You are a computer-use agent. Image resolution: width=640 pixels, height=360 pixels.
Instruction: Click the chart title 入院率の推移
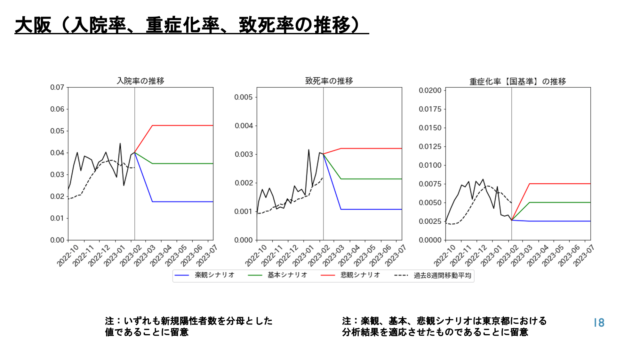click(x=140, y=81)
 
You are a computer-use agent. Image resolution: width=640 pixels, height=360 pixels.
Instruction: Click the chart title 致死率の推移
click(x=329, y=81)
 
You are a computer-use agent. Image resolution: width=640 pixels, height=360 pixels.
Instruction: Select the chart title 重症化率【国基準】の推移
click(x=517, y=82)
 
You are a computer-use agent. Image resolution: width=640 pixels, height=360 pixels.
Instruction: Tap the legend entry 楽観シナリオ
click(x=214, y=275)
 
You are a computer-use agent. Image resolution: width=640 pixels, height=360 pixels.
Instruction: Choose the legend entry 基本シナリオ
click(x=287, y=275)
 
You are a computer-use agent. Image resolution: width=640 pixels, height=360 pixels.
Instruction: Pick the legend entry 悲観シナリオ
click(x=360, y=275)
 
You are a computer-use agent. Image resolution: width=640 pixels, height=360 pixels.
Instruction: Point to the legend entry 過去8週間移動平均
click(x=442, y=276)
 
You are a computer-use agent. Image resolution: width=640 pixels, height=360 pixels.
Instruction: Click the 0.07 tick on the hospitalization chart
click(x=57, y=87)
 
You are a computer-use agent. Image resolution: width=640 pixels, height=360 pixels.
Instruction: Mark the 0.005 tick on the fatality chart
click(x=244, y=97)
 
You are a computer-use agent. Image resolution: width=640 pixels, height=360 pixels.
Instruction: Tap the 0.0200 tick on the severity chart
click(x=430, y=91)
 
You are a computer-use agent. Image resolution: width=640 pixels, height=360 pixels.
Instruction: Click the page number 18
click(x=599, y=323)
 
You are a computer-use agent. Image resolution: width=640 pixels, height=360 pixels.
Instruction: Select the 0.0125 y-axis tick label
click(x=430, y=147)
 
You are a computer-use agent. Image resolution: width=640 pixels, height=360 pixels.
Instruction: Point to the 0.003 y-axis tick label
click(x=244, y=155)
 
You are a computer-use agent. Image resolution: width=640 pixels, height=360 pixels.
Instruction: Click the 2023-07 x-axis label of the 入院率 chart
click(x=207, y=256)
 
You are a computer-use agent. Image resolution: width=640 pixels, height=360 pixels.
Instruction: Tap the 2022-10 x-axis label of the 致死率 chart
click(x=256, y=256)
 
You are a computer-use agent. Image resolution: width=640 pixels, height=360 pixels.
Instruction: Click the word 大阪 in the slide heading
click(x=33, y=25)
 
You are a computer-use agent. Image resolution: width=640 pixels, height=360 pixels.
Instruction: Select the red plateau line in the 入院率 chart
click(x=182, y=125)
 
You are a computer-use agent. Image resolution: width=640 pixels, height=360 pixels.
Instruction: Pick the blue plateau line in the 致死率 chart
click(x=371, y=209)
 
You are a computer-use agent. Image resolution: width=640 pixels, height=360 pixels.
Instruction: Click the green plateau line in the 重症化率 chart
click(x=560, y=203)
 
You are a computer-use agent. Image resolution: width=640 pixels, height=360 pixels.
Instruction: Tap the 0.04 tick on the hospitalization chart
click(x=57, y=153)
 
